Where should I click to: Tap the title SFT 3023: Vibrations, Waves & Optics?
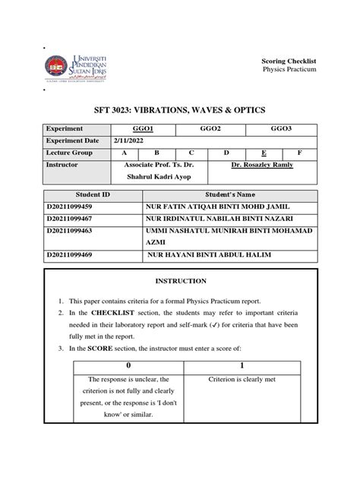[180, 107]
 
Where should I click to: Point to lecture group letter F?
[299, 153]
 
